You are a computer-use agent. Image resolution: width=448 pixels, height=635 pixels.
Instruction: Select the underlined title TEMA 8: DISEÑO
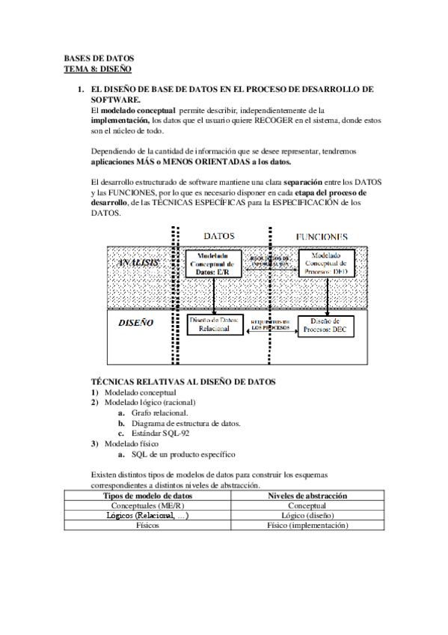(x=98, y=68)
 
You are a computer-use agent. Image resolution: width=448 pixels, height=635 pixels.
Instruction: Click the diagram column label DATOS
(x=220, y=235)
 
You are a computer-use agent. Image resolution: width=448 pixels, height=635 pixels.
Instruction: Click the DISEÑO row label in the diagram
(x=137, y=323)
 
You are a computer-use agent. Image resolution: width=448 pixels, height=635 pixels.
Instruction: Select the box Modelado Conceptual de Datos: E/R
(x=214, y=263)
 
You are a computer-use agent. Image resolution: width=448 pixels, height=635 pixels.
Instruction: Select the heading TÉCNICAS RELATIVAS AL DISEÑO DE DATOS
(x=183, y=381)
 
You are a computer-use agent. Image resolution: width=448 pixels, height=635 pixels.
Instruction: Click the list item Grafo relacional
(x=159, y=413)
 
